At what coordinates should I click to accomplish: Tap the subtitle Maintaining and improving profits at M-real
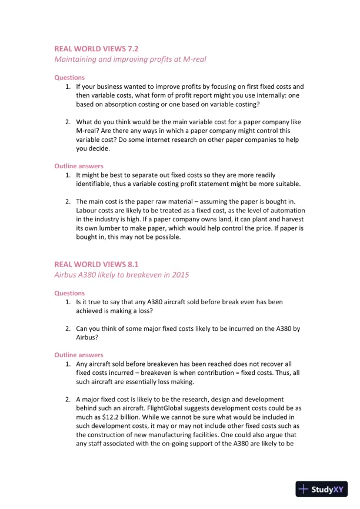pos(130,59)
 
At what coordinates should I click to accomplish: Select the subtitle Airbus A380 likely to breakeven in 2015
pos(122,275)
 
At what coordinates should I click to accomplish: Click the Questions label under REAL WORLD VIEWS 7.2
pos(69,77)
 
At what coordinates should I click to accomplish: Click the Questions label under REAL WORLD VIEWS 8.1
pos(69,292)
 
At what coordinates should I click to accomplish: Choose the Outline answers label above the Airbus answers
pos(79,355)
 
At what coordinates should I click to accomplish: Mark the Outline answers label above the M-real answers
pos(79,166)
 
